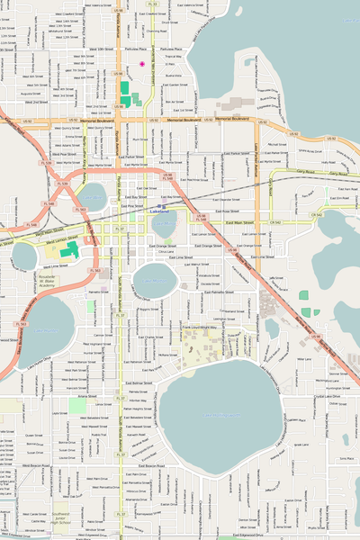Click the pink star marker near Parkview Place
click(142, 63)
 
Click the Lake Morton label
click(155, 281)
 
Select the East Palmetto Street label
click(217, 292)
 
